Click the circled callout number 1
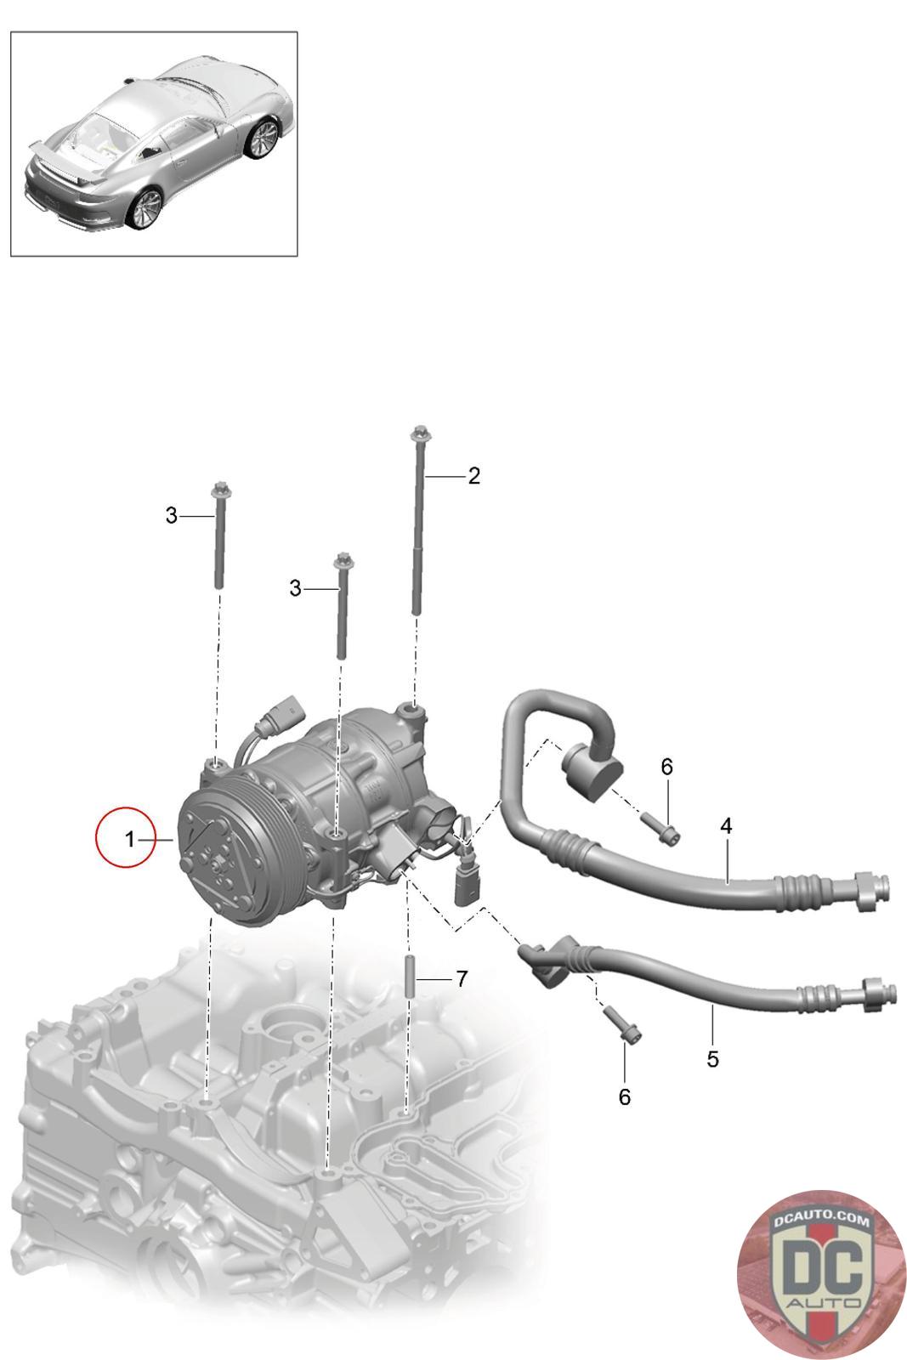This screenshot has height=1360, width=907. (x=129, y=839)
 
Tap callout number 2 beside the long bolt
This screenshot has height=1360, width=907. (x=473, y=475)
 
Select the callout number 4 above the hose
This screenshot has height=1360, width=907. (x=726, y=825)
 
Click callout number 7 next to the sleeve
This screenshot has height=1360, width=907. (x=462, y=978)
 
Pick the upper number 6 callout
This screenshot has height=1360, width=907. (x=666, y=767)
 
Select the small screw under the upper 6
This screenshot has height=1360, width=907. (x=660, y=829)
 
